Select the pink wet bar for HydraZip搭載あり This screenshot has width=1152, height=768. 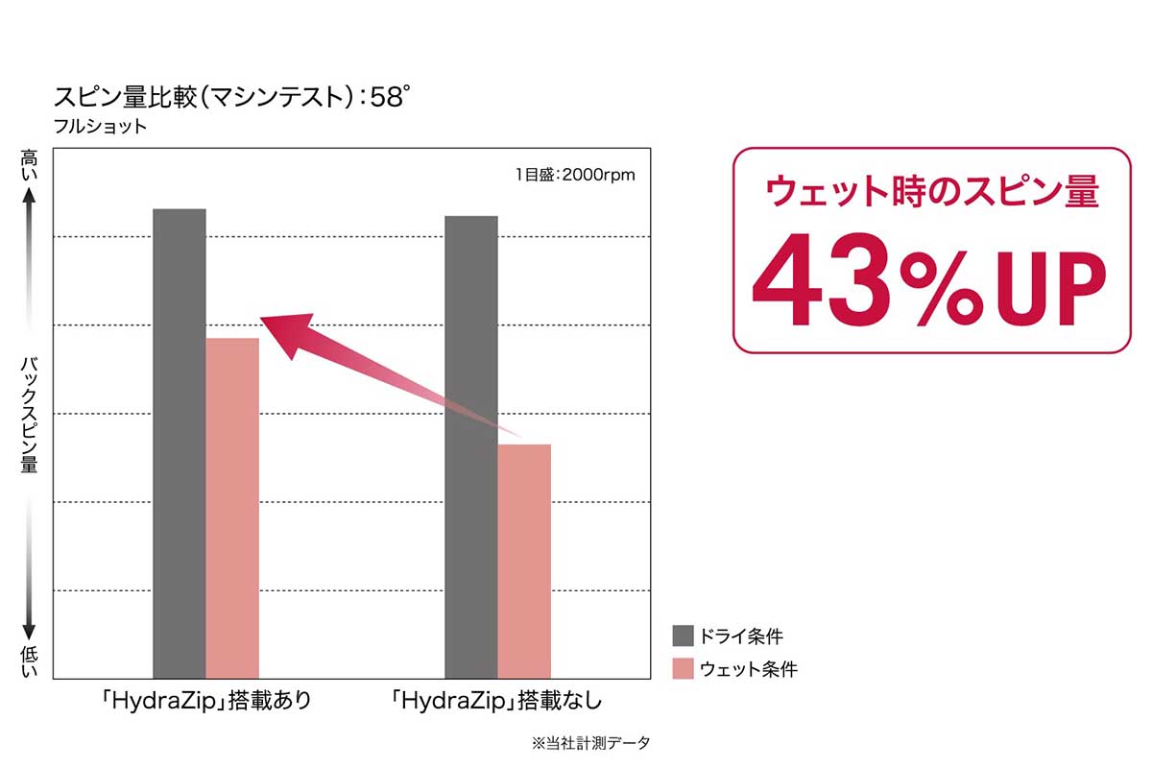(x=232, y=509)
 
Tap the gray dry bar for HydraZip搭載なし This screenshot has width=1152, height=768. (x=471, y=447)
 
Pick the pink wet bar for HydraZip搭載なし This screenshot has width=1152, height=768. (x=524, y=562)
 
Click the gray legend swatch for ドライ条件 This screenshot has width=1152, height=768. (x=684, y=636)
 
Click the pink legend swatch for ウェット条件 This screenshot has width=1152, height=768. (x=684, y=668)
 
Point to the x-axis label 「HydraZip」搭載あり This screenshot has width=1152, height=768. (x=206, y=701)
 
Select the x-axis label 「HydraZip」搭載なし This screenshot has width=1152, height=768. (x=497, y=701)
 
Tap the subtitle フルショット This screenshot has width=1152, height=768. (x=101, y=127)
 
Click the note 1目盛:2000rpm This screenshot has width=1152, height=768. (x=575, y=175)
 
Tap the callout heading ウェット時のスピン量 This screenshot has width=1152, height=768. (x=931, y=192)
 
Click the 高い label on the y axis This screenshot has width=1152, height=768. (x=29, y=167)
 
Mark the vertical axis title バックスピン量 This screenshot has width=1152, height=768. (x=29, y=414)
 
